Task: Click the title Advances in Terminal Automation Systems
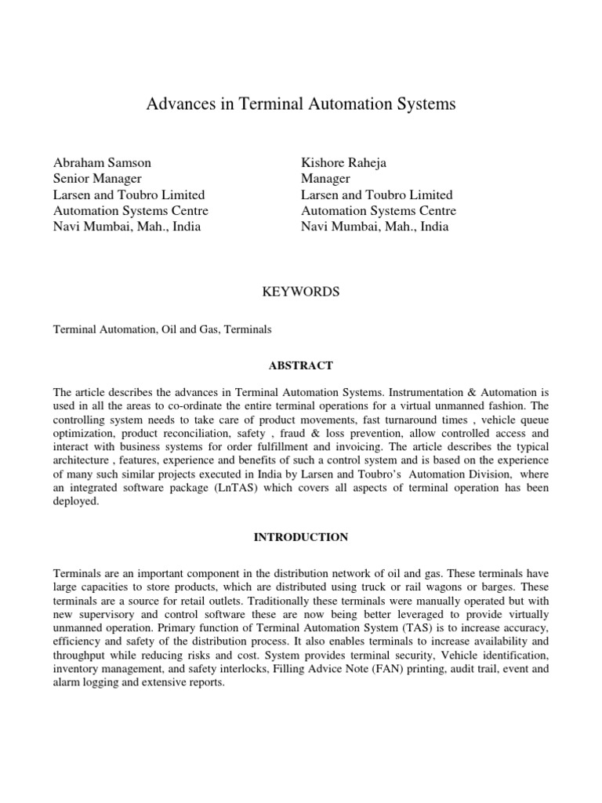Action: [x=301, y=104]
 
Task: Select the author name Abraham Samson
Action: [x=102, y=163]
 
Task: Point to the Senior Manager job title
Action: [x=97, y=179]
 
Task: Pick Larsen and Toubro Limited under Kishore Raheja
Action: [x=377, y=194]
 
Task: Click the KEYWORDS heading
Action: [x=301, y=292]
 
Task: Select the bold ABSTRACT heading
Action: [x=301, y=365]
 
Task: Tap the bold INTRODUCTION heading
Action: [x=301, y=537]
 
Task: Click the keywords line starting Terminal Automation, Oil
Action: [x=162, y=330]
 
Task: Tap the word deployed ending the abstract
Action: [x=76, y=501]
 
